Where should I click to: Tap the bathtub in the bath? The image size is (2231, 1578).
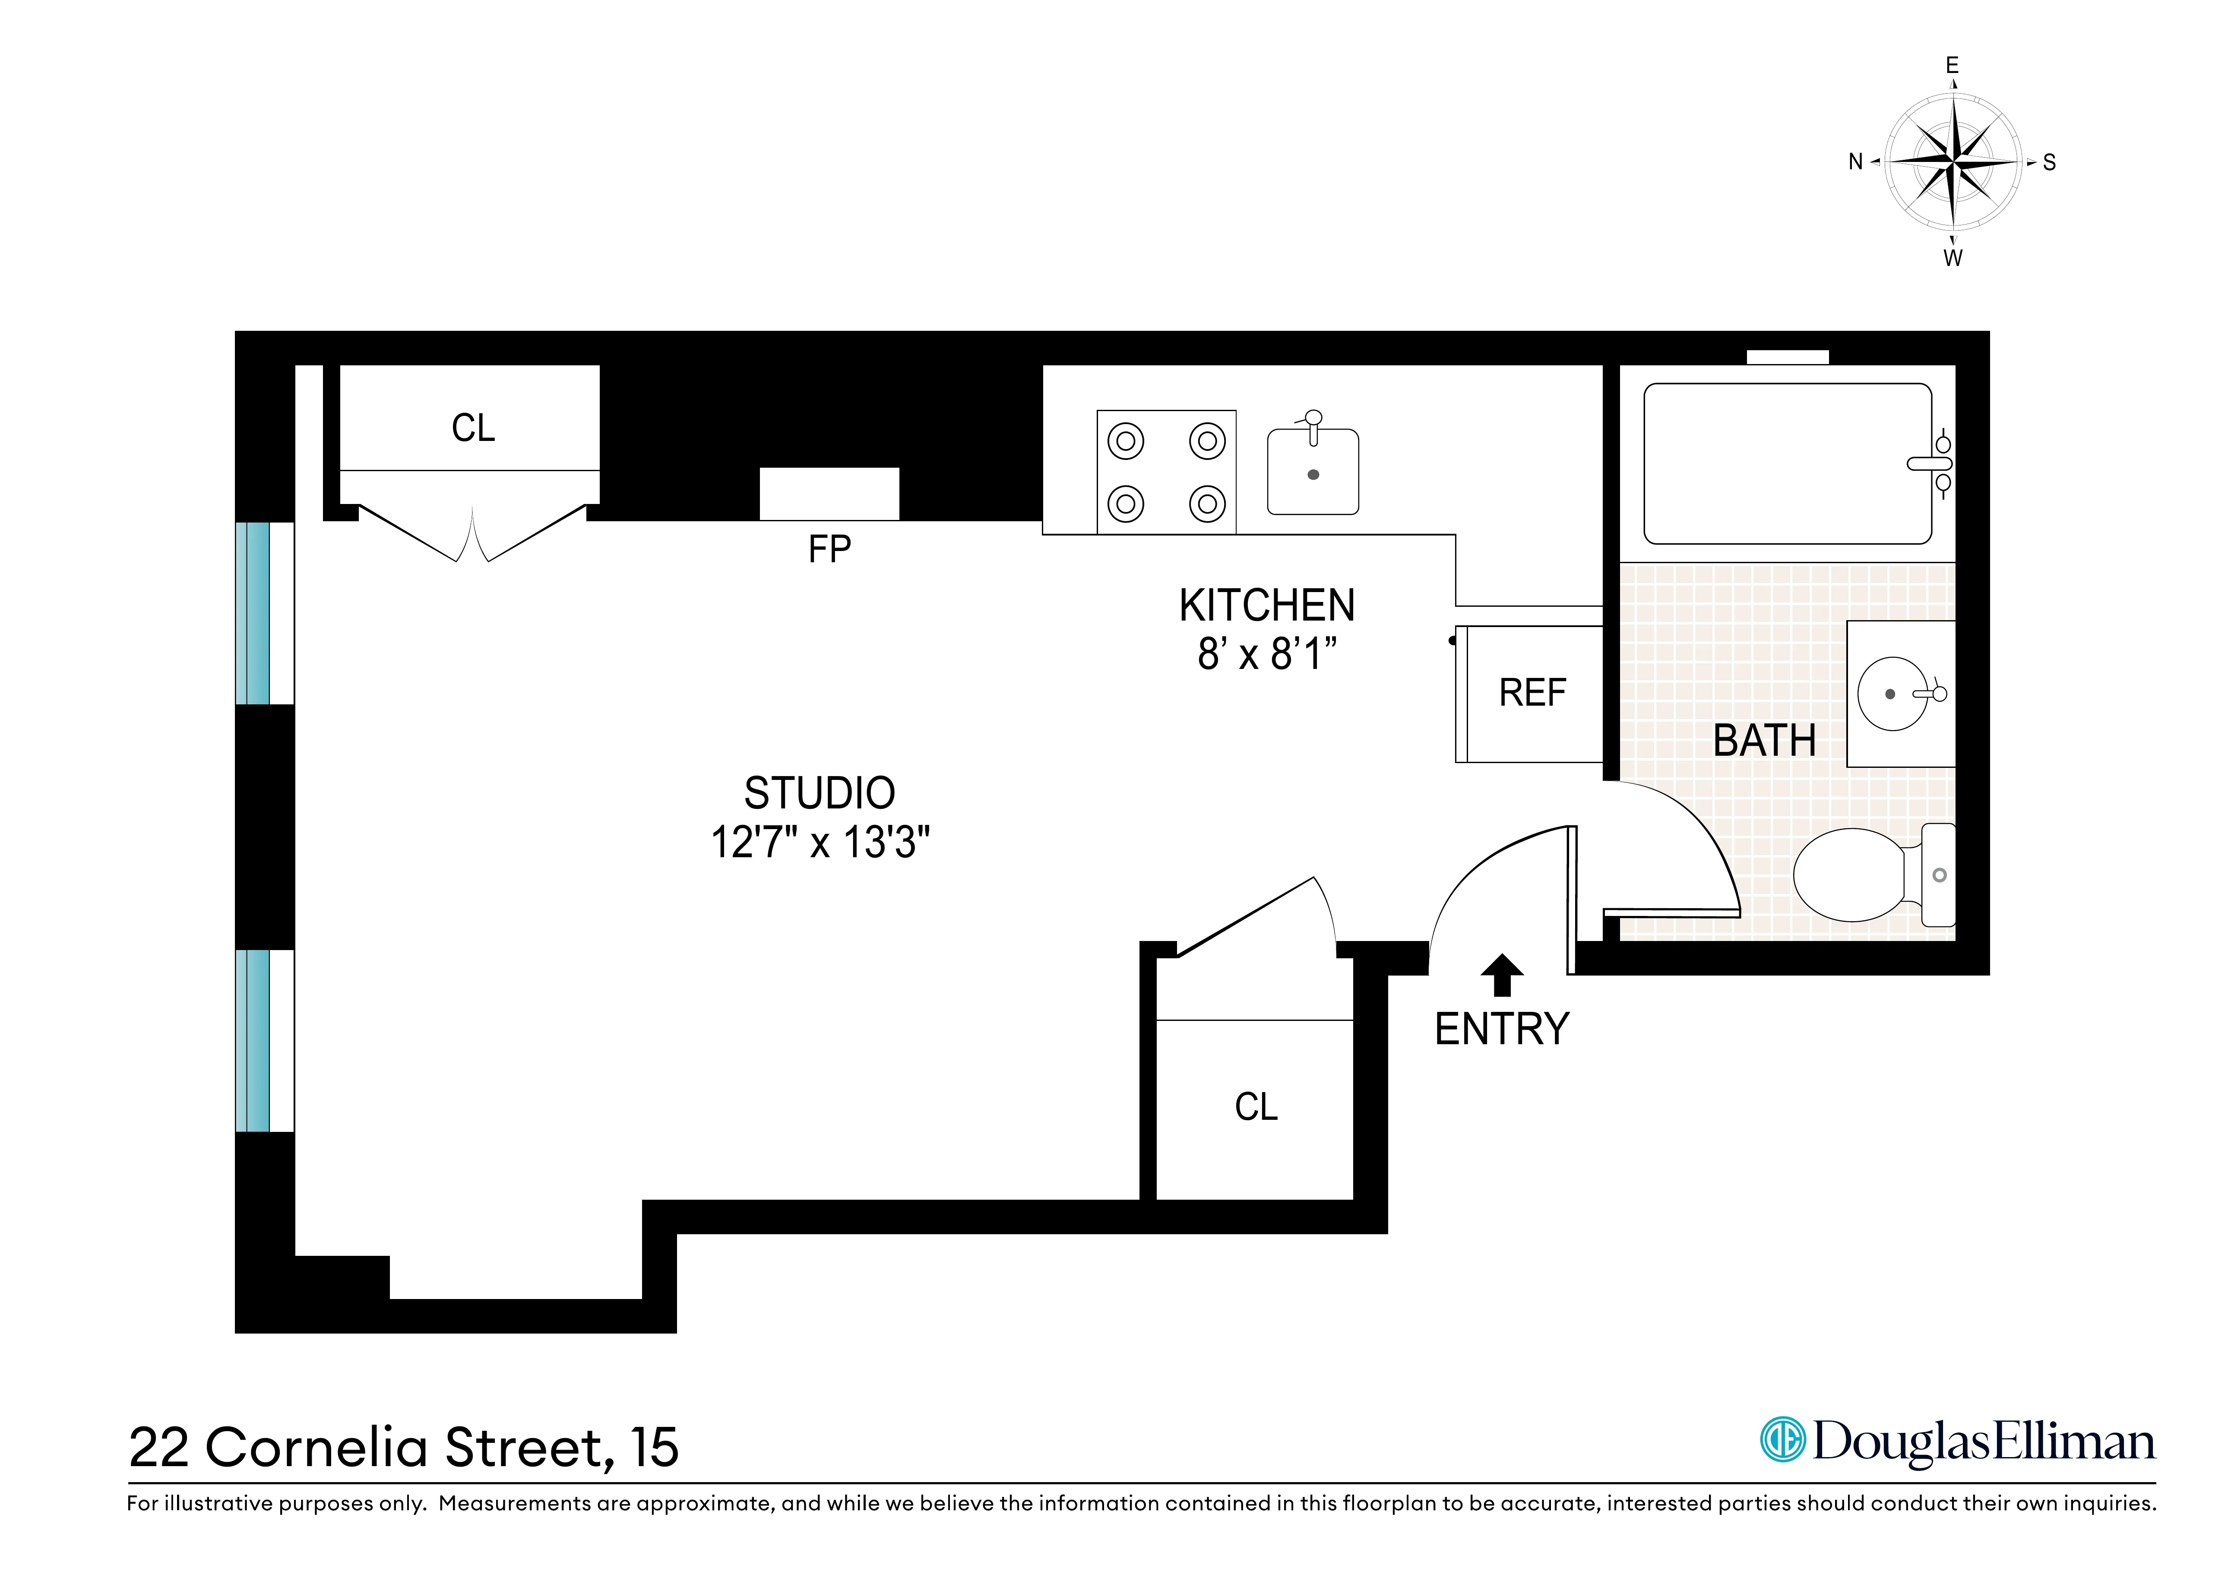pyautogui.click(x=1786, y=463)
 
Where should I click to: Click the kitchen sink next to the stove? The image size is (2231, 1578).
pyautogui.click(x=1313, y=472)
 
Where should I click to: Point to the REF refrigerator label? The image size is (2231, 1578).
pyautogui.click(x=1532, y=693)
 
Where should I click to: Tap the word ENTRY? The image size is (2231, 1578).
pyautogui.click(x=1501, y=1029)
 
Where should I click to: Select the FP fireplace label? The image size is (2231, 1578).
pyautogui.click(x=829, y=550)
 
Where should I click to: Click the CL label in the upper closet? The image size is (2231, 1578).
pyautogui.click(x=473, y=428)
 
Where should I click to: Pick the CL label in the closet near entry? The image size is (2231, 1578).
pyautogui.click(x=1256, y=1107)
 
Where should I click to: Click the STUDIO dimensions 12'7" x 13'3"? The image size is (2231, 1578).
pyautogui.click(x=820, y=843)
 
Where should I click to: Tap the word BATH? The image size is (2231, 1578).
pyautogui.click(x=1764, y=741)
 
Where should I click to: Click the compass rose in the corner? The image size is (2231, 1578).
pyautogui.click(x=1953, y=162)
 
